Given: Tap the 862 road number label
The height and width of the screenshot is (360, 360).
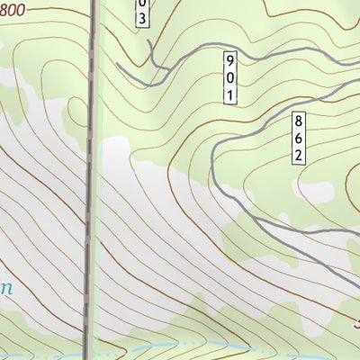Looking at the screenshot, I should [x=299, y=138].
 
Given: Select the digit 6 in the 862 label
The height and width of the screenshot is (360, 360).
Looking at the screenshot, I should [x=299, y=138].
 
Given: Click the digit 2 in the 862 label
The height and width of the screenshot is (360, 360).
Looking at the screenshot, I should [x=299, y=154].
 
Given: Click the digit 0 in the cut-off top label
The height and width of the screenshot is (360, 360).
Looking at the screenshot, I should [x=142, y=5].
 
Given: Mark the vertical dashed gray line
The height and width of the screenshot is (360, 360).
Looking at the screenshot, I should [x=91, y=180].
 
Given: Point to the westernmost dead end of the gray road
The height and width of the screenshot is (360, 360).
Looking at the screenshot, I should [x=117, y=65].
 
